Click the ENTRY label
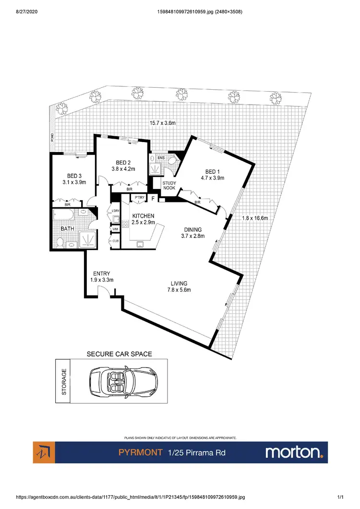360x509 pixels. pyautogui.click(x=102, y=274)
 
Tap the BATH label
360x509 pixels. pyautogui.click(x=68, y=229)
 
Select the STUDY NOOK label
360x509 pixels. pyautogui.click(x=169, y=186)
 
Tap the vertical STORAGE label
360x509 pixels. pyautogui.click(x=64, y=382)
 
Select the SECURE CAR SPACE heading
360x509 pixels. pyautogui.click(x=119, y=354)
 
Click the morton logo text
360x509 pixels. pyautogui.click(x=293, y=452)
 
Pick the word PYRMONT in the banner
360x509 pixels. pyautogui.click(x=140, y=452)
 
